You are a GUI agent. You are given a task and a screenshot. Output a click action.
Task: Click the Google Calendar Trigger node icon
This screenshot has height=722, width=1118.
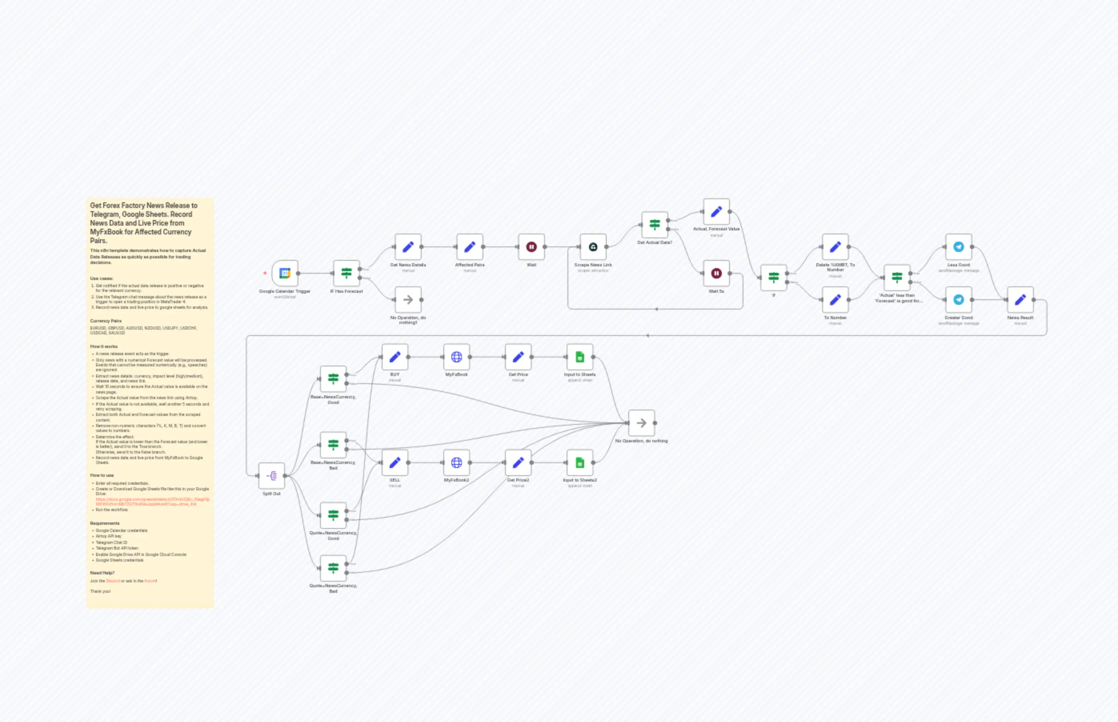[x=285, y=273]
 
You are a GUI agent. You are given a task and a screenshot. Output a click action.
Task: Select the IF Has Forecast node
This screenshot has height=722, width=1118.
[x=346, y=273]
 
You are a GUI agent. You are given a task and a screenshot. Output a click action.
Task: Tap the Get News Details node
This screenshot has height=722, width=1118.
[x=408, y=247]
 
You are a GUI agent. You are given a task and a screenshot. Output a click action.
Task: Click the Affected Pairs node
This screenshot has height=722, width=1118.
[x=469, y=247]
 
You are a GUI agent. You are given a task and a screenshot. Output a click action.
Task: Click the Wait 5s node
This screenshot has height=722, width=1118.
[x=716, y=273]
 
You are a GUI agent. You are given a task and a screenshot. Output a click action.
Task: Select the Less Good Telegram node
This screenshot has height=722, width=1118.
[x=959, y=247]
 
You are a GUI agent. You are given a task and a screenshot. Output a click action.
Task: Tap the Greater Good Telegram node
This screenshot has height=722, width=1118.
[x=959, y=300]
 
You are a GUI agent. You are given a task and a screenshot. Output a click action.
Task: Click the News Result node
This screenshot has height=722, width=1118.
[x=1020, y=300]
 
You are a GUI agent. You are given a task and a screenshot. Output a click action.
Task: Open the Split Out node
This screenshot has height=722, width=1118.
[x=272, y=476]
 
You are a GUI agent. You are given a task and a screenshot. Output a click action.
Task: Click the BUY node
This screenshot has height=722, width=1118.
[x=395, y=357]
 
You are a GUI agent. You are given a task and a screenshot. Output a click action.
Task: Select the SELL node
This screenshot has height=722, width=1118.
[x=395, y=463]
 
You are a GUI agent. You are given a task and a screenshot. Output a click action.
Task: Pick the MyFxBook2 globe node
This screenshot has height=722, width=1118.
[x=456, y=463]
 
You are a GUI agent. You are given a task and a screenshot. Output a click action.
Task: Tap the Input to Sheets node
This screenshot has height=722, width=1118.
[x=580, y=357]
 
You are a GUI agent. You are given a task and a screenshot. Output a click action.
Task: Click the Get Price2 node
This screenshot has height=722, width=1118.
[x=518, y=463]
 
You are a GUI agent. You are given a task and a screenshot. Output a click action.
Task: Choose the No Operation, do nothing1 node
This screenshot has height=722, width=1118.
[x=408, y=300]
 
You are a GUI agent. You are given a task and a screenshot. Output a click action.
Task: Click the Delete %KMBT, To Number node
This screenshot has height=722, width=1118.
[x=835, y=247]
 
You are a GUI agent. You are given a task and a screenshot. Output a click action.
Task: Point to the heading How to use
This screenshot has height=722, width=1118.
[x=102, y=475]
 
